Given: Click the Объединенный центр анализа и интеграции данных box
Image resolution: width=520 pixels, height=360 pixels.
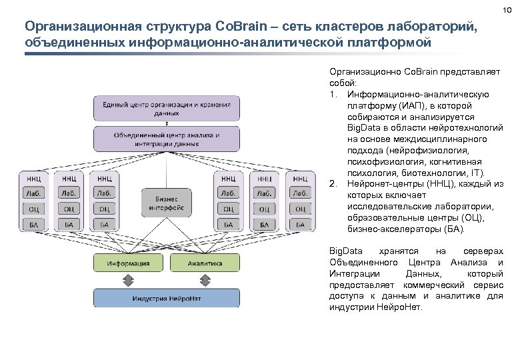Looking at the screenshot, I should coord(167,138).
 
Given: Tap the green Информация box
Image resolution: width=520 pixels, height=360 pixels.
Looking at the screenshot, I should coord(129,263).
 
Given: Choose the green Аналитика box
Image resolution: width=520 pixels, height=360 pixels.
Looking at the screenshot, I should coord(204,263).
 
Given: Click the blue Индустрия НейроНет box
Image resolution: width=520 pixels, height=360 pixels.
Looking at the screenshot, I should coord(167,297).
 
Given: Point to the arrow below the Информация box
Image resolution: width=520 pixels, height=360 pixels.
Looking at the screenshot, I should coord(129,280).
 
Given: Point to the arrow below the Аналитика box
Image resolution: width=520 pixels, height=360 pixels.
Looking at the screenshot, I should coord(204,280).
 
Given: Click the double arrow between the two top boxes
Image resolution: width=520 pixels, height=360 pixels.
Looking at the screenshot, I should coord(167,123).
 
